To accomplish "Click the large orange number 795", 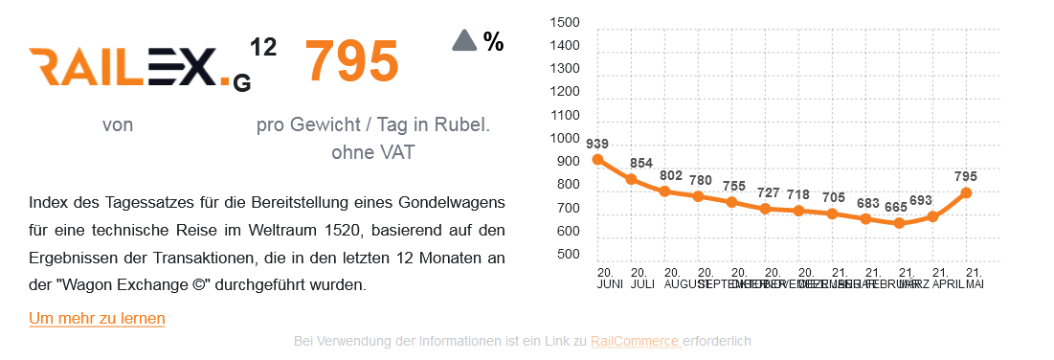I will [351, 61].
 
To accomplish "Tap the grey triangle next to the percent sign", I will [464, 40].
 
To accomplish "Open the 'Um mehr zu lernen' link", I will [97, 318].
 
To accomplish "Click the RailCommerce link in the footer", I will [636, 341].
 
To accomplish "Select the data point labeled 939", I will [597, 160].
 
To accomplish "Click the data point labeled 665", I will [898, 223].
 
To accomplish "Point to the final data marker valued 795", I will [966, 192].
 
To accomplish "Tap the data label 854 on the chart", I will [640, 164].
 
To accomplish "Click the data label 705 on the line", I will [833, 197].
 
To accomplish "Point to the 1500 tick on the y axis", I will [565, 23].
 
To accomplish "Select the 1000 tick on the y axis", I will [565, 139].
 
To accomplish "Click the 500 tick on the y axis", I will [569, 255].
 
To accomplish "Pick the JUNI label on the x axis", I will [609, 284].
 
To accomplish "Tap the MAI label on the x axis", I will [975, 284].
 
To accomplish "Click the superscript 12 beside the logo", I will [263, 46].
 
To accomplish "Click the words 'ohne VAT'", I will [372, 152].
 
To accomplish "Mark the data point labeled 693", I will [932, 216].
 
